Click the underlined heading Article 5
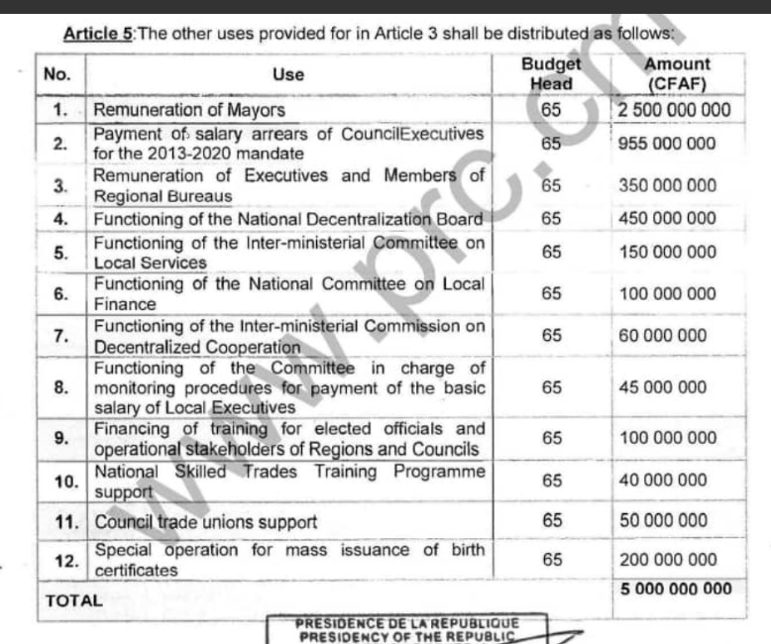click(x=97, y=34)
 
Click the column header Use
click(x=288, y=74)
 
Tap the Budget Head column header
click(x=551, y=74)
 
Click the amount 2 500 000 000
click(x=675, y=110)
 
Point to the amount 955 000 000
click(x=666, y=144)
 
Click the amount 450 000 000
click(x=666, y=218)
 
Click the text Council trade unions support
click(x=206, y=521)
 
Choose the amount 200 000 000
click(x=666, y=560)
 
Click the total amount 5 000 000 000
click(x=676, y=590)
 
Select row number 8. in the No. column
click(x=61, y=387)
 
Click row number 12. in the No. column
click(x=65, y=561)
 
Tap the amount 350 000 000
click(x=666, y=185)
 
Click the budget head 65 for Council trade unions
click(x=552, y=520)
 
